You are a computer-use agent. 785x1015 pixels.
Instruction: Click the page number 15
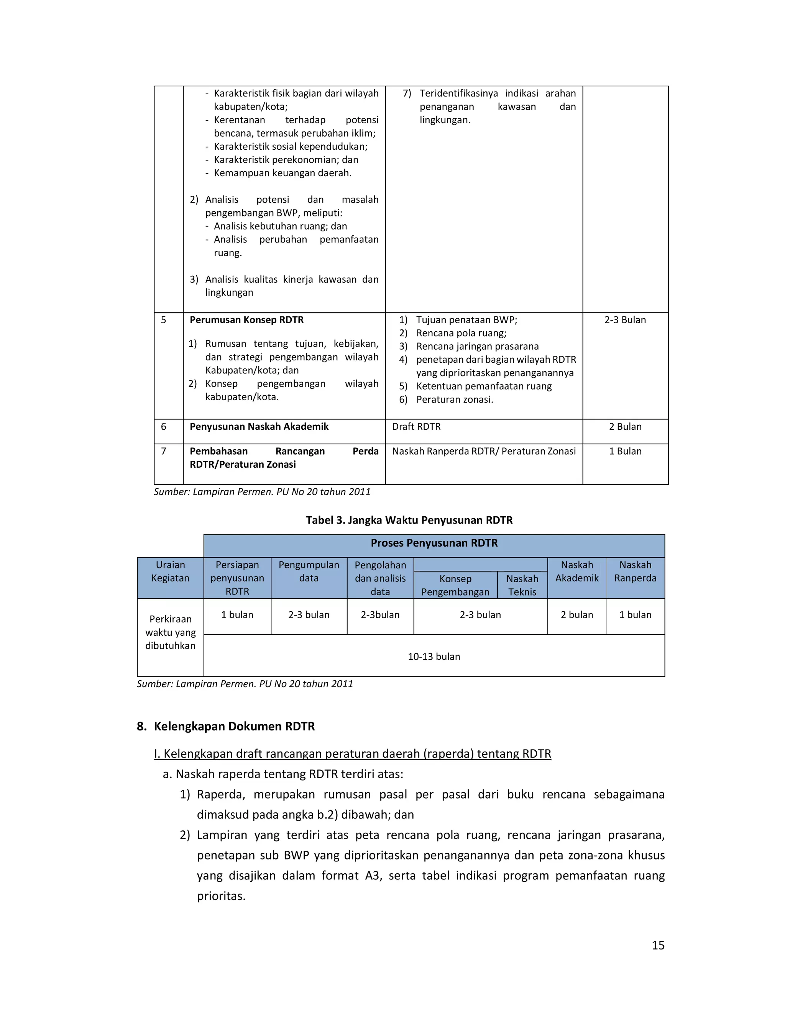(658, 945)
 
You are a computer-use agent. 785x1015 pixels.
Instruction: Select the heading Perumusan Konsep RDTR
(246, 320)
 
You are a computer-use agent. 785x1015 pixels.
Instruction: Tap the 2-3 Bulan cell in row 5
(625, 320)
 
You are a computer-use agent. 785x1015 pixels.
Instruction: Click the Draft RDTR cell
(416, 427)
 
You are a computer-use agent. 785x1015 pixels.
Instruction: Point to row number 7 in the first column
(163, 451)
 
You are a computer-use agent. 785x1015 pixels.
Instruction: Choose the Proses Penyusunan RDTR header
(434, 543)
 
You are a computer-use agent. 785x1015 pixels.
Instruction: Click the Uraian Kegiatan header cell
(170, 571)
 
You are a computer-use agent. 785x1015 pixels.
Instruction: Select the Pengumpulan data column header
(309, 571)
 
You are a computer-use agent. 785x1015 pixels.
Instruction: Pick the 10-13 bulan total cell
(434, 656)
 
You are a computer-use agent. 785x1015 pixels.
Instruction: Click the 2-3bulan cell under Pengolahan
(380, 615)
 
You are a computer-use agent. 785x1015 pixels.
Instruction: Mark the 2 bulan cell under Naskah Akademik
(576, 615)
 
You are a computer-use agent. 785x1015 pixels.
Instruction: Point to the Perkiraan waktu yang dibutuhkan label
(170, 632)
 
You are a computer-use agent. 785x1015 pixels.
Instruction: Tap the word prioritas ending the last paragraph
(221, 896)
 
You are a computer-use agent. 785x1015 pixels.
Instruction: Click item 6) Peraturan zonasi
(454, 399)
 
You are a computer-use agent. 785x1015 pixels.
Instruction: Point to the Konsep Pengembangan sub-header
(455, 585)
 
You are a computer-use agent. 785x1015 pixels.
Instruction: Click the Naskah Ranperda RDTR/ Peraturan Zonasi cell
(484, 451)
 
